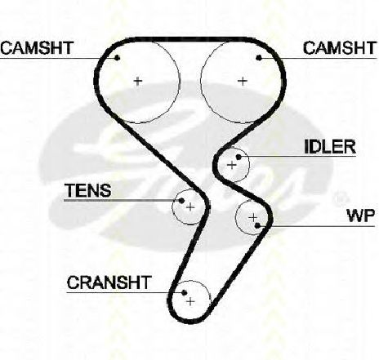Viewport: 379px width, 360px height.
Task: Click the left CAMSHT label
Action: click(x=38, y=48)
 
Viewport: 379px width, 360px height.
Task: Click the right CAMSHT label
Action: click(x=340, y=48)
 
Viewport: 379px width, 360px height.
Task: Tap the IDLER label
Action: click(x=330, y=147)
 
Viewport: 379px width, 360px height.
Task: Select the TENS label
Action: click(x=88, y=190)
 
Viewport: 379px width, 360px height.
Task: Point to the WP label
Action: click(x=361, y=216)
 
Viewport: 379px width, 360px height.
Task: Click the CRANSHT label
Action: click(x=109, y=282)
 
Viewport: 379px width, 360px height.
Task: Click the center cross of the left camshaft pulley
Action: click(x=138, y=81)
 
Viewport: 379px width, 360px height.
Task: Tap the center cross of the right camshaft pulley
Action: click(x=243, y=81)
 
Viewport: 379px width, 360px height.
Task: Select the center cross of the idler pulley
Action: click(x=231, y=165)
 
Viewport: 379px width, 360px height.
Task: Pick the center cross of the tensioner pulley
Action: click(x=190, y=207)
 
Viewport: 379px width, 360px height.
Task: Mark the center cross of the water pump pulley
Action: click(x=253, y=217)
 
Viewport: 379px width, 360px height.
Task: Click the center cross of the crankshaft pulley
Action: click(x=190, y=301)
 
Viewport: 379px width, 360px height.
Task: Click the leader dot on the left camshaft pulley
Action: click(x=117, y=58)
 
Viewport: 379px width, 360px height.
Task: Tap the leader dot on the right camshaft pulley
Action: click(x=259, y=58)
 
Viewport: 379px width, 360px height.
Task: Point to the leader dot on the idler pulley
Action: click(x=239, y=157)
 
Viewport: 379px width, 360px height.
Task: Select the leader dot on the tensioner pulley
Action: click(x=181, y=201)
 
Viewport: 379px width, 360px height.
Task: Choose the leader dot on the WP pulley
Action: click(x=257, y=225)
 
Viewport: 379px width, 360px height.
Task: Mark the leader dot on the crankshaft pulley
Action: click(x=184, y=292)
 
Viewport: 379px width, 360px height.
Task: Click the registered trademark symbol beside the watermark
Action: click(x=341, y=198)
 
